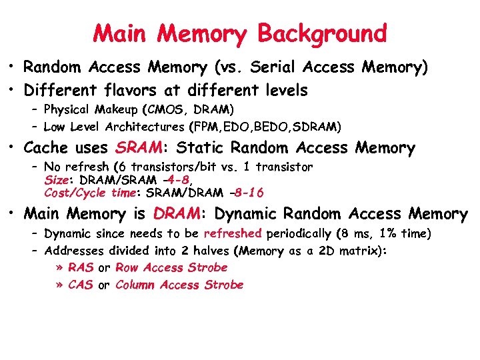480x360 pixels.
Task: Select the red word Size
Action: click(56, 180)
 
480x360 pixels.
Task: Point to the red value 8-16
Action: click(248, 193)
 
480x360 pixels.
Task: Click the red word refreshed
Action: click(233, 233)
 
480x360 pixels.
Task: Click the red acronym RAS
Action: click(81, 267)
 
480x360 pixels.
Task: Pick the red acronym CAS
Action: click(81, 285)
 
